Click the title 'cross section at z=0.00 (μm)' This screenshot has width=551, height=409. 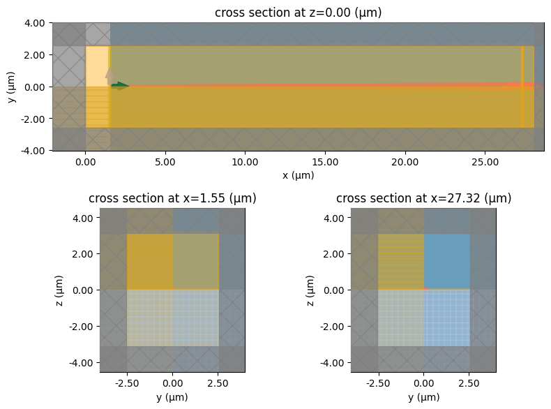pos(298,13)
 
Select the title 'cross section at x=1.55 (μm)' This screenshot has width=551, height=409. pos(172,198)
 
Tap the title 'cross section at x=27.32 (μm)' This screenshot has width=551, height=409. pos(423,198)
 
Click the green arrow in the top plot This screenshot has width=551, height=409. pos(120,86)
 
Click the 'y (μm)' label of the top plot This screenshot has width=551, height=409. pos(13,87)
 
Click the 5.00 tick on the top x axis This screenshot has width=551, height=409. pos(165,162)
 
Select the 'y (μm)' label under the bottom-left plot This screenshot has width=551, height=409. pos(172,397)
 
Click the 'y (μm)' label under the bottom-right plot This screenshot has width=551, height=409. pos(423,397)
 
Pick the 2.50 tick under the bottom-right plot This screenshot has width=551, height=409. pos(469,384)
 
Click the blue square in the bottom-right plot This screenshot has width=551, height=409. pos(446,261)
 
